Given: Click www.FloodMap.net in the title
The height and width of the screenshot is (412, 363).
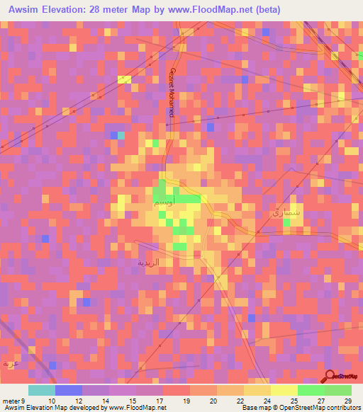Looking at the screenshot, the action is click(216, 10).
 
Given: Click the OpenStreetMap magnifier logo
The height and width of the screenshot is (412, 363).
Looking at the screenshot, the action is click(330, 377).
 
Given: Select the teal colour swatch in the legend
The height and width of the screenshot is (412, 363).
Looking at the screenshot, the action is click(42, 390).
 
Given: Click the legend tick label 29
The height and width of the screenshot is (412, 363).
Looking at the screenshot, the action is click(347, 401).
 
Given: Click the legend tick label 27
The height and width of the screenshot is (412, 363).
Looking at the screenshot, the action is click(321, 401).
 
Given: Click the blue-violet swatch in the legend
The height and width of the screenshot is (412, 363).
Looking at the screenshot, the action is click(69, 390).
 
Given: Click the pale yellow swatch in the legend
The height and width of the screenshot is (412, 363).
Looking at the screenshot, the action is click(284, 390).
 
